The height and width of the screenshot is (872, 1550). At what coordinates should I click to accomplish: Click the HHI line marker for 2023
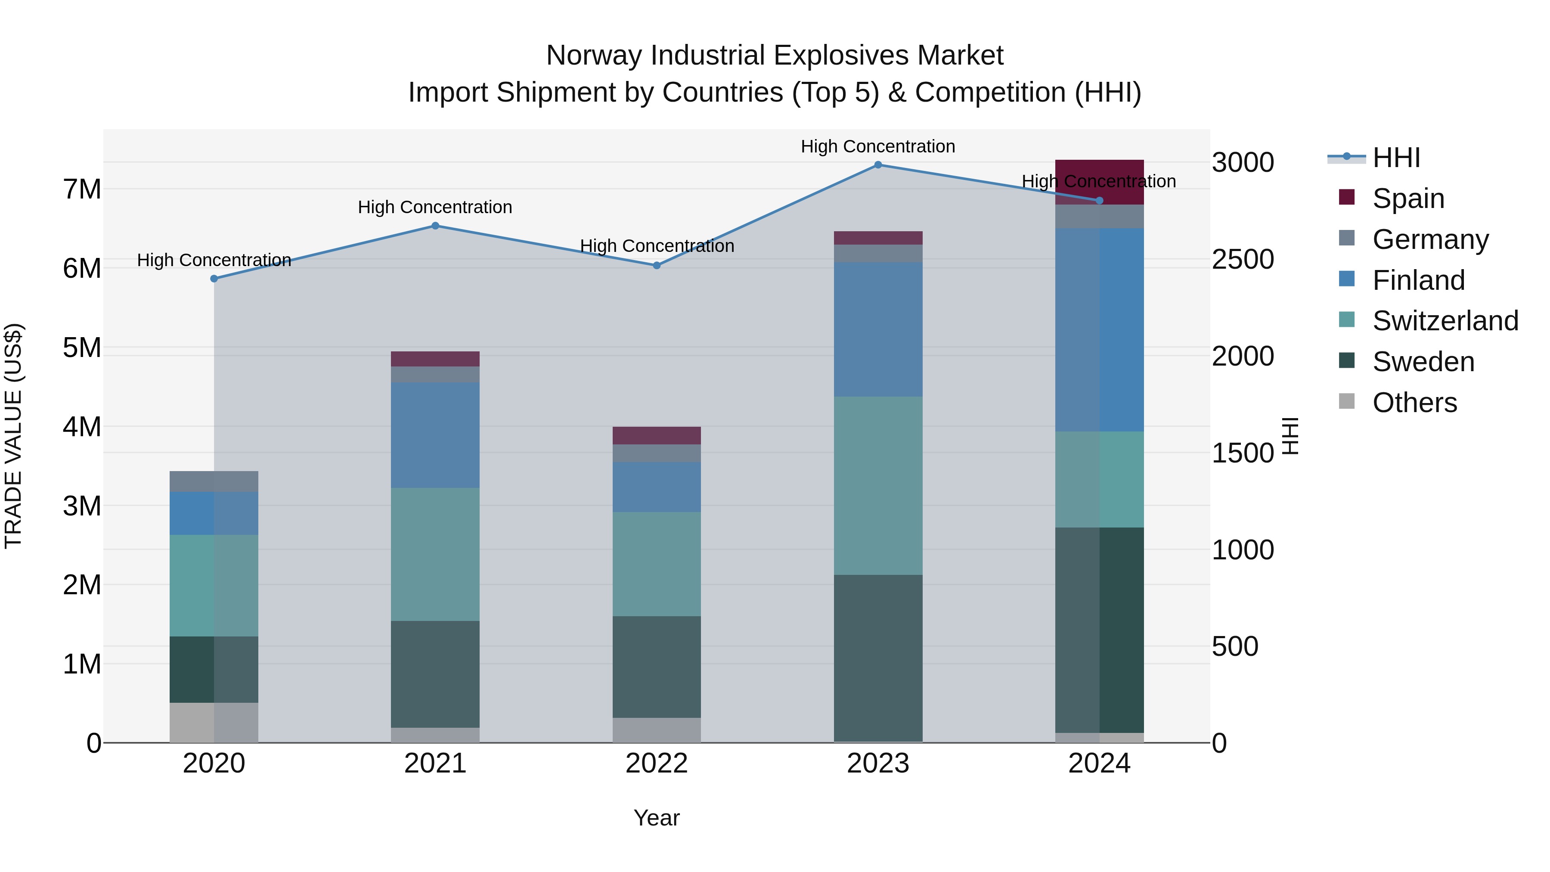click(878, 165)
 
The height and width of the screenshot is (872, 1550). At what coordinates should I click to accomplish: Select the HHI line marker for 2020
click(214, 279)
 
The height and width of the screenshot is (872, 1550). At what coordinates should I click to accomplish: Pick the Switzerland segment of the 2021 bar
click(435, 554)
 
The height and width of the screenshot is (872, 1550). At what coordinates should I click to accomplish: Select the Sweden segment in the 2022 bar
click(657, 667)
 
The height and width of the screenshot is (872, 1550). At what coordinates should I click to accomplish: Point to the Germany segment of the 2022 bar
click(657, 453)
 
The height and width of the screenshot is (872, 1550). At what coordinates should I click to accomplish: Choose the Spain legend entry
click(1408, 198)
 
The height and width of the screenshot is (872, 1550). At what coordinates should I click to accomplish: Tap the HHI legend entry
click(1396, 158)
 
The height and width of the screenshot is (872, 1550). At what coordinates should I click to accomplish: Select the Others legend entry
click(1414, 403)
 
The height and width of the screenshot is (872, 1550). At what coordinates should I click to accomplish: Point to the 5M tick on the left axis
click(82, 348)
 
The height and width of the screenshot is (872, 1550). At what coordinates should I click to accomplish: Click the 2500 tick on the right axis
click(1243, 259)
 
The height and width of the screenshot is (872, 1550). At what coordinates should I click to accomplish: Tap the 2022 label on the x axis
click(657, 763)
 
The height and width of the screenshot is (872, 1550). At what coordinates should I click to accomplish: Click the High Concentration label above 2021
click(435, 207)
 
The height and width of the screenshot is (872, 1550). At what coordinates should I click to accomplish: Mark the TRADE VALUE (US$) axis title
click(13, 436)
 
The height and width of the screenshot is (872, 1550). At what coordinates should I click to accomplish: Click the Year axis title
click(657, 818)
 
